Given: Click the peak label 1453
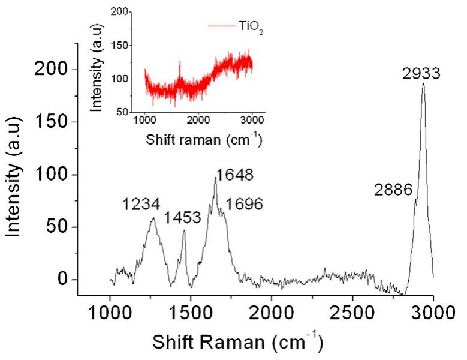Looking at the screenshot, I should click(x=188, y=218).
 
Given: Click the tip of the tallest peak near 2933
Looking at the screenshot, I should click(x=423, y=83).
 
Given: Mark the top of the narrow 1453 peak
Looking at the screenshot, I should click(x=184, y=230).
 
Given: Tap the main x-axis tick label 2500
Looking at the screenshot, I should click(x=351, y=313).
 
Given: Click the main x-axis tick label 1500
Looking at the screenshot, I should click(x=191, y=313).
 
